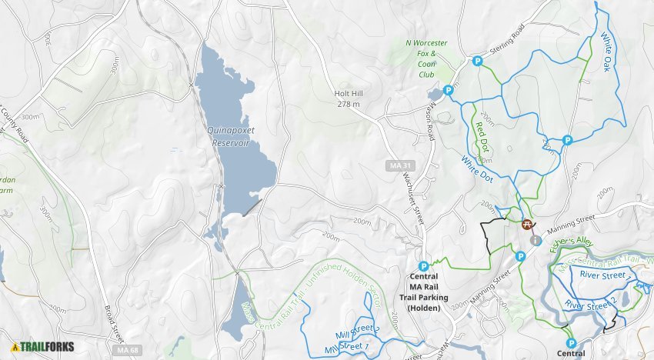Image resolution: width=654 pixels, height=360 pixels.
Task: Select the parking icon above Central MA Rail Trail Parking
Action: pyautogui.click(x=423, y=266)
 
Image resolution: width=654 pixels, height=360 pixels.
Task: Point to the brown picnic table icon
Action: pyautogui.click(x=527, y=225)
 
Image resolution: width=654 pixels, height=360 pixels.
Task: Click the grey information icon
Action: pyautogui.click(x=536, y=240)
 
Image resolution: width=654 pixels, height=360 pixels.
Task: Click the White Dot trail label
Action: pyautogui.click(x=477, y=169)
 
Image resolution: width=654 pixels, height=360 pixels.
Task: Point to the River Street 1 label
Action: pyautogui.click(x=602, y=275)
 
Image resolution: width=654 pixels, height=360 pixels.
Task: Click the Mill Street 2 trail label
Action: pyautogui.click(x=358, y=332)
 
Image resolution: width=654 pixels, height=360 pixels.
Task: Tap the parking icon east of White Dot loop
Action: pyautogui.click(x=567, y=140)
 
